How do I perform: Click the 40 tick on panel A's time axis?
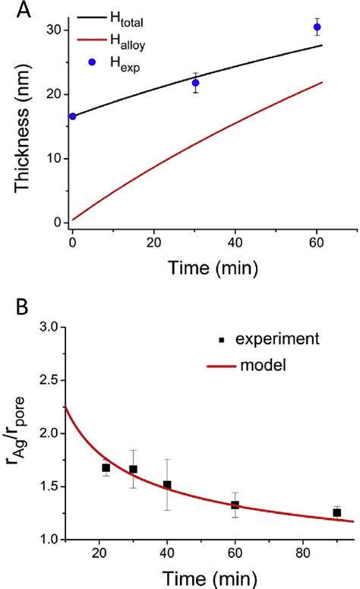pyautogui.click(x=236, y=245)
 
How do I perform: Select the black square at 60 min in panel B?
pyautogui.click(x=235, y=505)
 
